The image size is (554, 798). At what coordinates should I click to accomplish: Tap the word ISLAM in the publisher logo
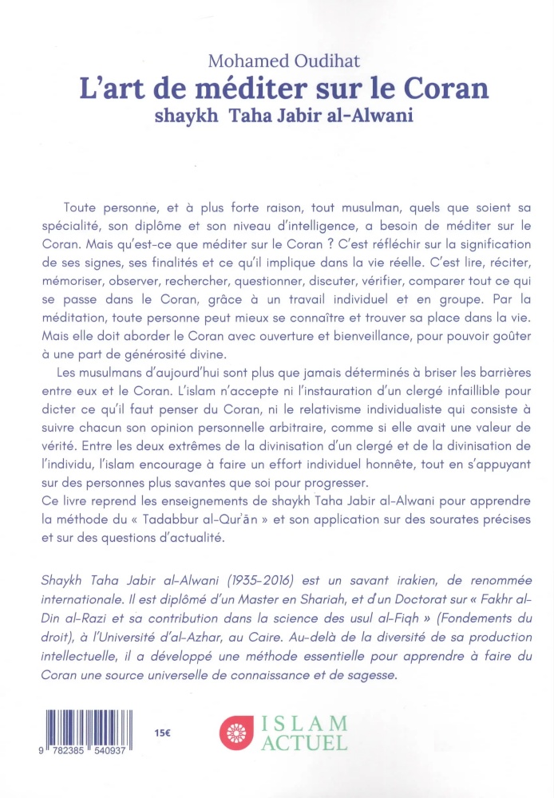[x=304, y=724]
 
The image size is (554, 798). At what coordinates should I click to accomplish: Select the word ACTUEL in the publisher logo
[x=304, y=744]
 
